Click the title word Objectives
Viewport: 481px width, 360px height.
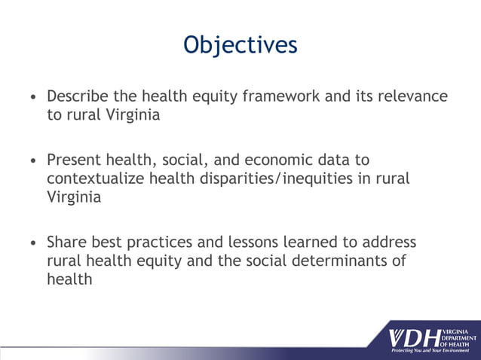[x=240, y=44]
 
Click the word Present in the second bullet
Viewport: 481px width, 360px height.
[x=73, y=160]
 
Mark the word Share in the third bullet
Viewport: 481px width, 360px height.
[x=66, y=243]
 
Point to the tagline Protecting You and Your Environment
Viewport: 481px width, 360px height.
[x=430, y=351]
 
